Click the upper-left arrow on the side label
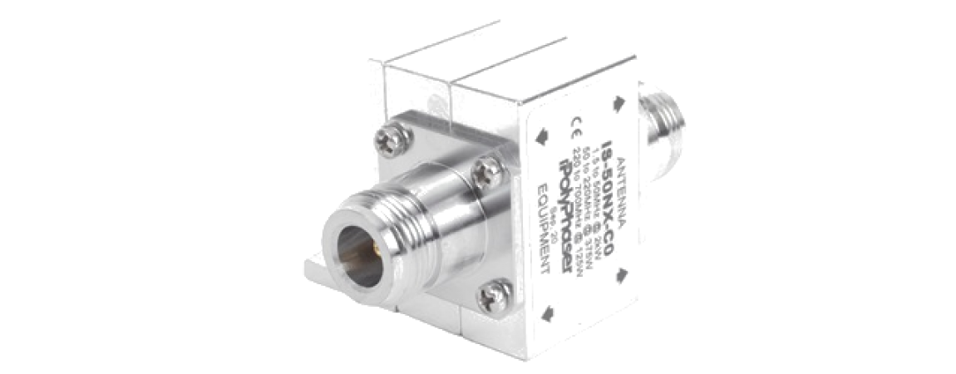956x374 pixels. pos(542,135)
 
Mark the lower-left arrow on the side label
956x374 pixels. pos(547,314)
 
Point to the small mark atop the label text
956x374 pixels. pos(574,125)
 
